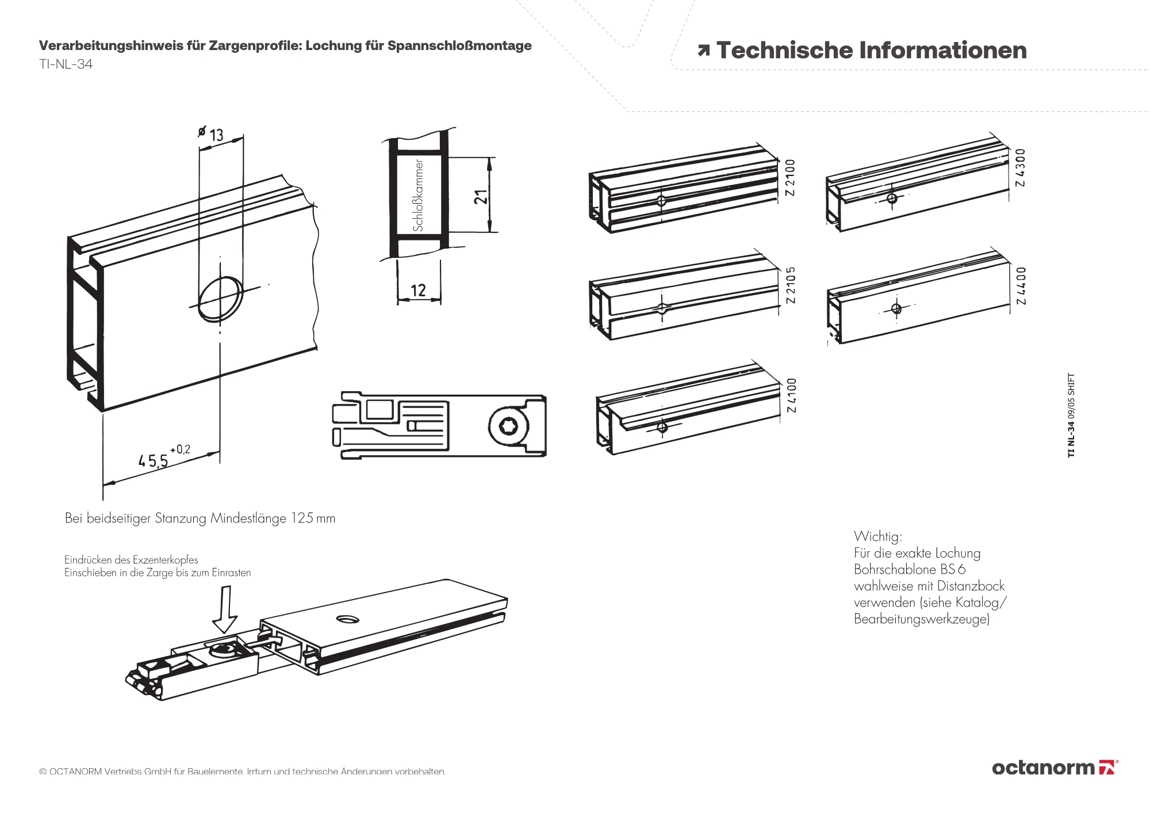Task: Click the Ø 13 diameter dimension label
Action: coord(211,134)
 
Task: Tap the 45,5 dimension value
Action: coord(154,460)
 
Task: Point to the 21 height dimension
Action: coord(481,197)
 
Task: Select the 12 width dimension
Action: coord(418,291)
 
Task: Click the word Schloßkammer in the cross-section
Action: coord(418,196)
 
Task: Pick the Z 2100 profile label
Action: coord(791,178)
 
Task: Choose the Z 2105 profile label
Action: coord(791,285)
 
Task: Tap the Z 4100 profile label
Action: coord(792,395)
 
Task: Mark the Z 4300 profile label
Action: coord(1021,168)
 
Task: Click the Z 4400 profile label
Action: coord(1021,286)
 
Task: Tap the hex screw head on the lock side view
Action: coord(508,426)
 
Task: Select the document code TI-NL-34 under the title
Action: coord(66,64)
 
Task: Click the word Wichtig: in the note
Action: coord(877,536)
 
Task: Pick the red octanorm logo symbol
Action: coord(1107,768)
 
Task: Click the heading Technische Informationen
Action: coord(871,51)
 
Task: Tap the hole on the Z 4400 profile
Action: coord(896,309)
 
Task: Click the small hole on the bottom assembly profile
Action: coord(348,620)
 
